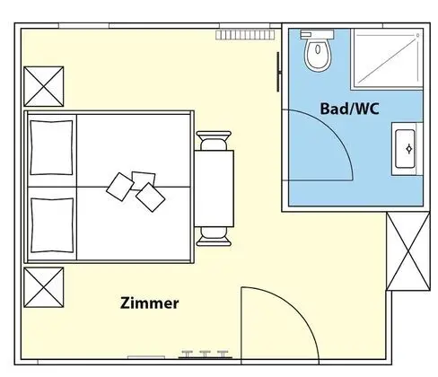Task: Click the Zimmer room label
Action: (x=149, y=302)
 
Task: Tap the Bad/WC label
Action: (x=349, y=109)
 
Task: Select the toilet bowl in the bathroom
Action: (x=318, y=55)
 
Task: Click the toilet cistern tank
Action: (x=317, y=34)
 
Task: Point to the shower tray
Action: (x=387, y=58)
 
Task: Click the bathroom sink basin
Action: (x=405, y=149)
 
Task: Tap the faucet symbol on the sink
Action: (x=409, y=149)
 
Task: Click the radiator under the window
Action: (x=245, y=35)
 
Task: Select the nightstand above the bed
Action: (x=44, y=86)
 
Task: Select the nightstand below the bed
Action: (x=44, y=287)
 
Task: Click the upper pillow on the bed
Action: (x=51, y=147)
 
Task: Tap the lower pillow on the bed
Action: (x=52, y=225)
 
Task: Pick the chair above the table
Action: (x=214, y=141)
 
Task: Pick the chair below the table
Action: (x=214, y=236)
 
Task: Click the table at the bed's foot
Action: (x=214, y=188)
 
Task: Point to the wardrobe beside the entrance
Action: (x=408, y=250)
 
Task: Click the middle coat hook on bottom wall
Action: (x=205, y=354)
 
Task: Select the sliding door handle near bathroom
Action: (x=278, y=72)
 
